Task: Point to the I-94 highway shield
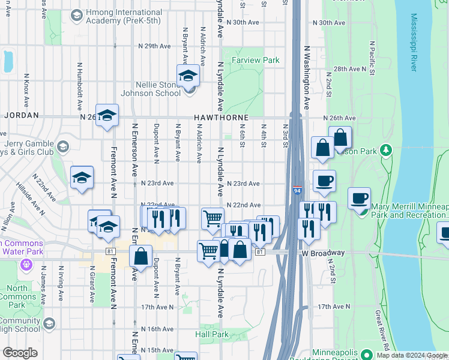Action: pyautogui.click(x=298, y=190)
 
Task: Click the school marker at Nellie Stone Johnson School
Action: pyautogui.click(x=188, y=76)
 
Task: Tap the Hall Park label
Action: pyautogui.click(x=212, y=334)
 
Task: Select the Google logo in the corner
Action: pyautogui.click(x=20, y=353)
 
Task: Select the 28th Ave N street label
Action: pyautogui.click(x=350, y=69)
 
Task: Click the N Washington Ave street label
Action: pyautogui.click(x=306, y=78)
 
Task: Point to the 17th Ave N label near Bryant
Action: pyautogui.click(x=157, y=307)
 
